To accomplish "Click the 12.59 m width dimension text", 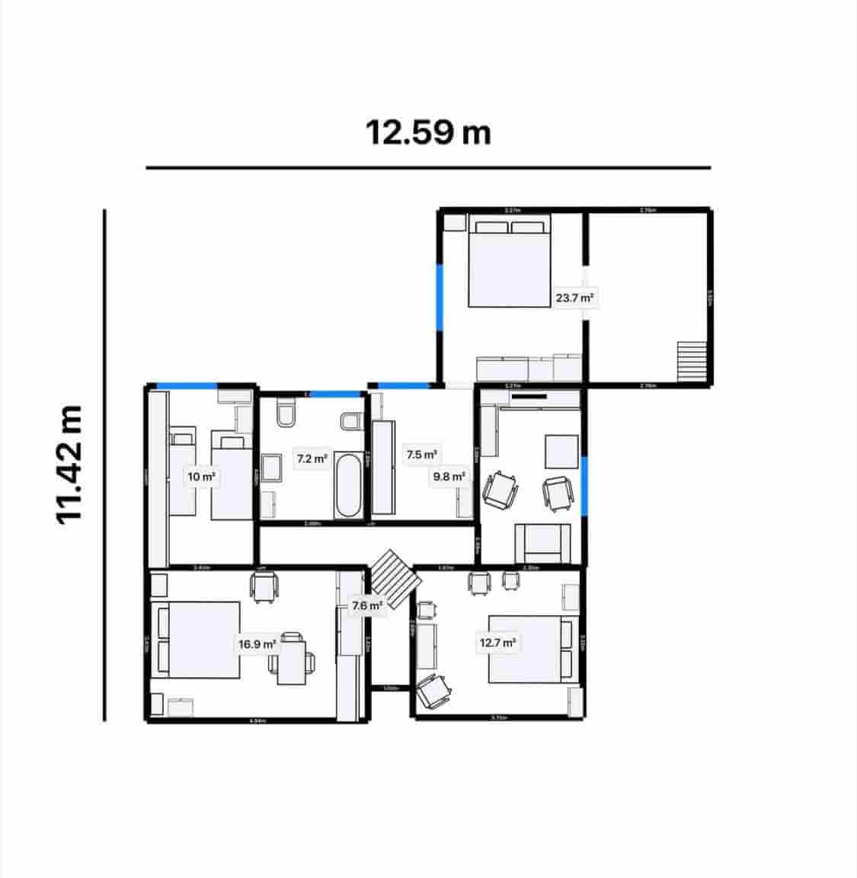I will point(428,132).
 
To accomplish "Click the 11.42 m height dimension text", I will point(69,463).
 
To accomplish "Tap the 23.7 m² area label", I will point(574,299).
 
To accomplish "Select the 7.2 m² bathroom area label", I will point(312,459).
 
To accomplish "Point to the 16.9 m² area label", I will point(257,644).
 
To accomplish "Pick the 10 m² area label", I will point(202,477).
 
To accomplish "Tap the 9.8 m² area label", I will point(449,477).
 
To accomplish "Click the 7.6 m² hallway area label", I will point(366,607).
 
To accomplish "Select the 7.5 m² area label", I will point(421,455).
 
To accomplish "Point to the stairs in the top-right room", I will point(692,361).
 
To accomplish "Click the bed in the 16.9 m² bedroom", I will point(197,640).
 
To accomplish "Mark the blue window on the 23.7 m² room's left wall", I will point(439,297).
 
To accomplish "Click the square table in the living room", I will point(562,451).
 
